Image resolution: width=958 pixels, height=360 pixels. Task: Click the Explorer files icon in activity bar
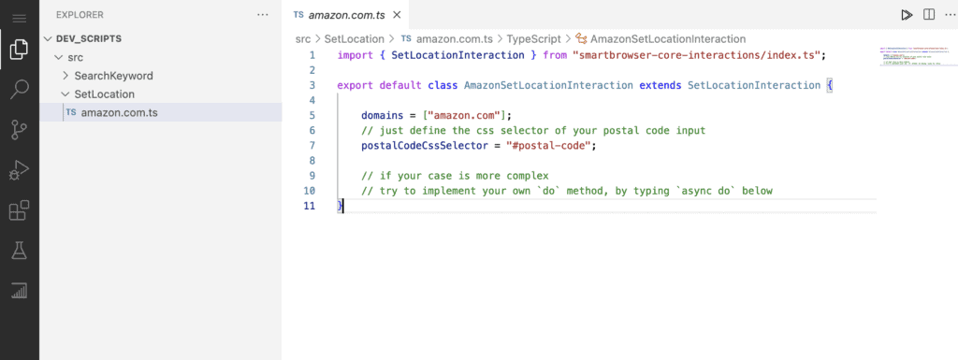tap(19, 49)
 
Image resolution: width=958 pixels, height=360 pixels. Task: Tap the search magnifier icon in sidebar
tap(19, 89)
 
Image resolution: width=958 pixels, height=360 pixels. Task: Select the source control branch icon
tap(19, 129)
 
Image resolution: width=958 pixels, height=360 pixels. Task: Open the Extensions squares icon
tap(19, 210)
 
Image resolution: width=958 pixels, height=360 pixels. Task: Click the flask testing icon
tap(19, 251)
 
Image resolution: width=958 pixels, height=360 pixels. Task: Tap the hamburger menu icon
tap(19, 19)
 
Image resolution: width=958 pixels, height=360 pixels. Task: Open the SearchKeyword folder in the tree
tap(113, 77)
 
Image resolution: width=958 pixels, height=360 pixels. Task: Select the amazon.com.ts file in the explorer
tap(119, 113)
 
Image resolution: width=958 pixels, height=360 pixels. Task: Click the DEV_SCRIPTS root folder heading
tap(89, 38)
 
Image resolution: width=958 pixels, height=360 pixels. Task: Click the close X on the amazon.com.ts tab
tap(397, 15)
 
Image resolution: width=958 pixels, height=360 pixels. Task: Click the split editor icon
tap(929, 15)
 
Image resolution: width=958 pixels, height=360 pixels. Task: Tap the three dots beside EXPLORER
tap(263, 15)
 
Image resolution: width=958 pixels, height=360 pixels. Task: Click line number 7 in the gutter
tap(312, 146)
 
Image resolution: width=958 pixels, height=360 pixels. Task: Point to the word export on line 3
tap(355, 85)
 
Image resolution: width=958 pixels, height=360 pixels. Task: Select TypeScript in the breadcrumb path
tap(533, 39)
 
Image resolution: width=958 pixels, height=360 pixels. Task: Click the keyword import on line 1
tap(355, 55)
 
